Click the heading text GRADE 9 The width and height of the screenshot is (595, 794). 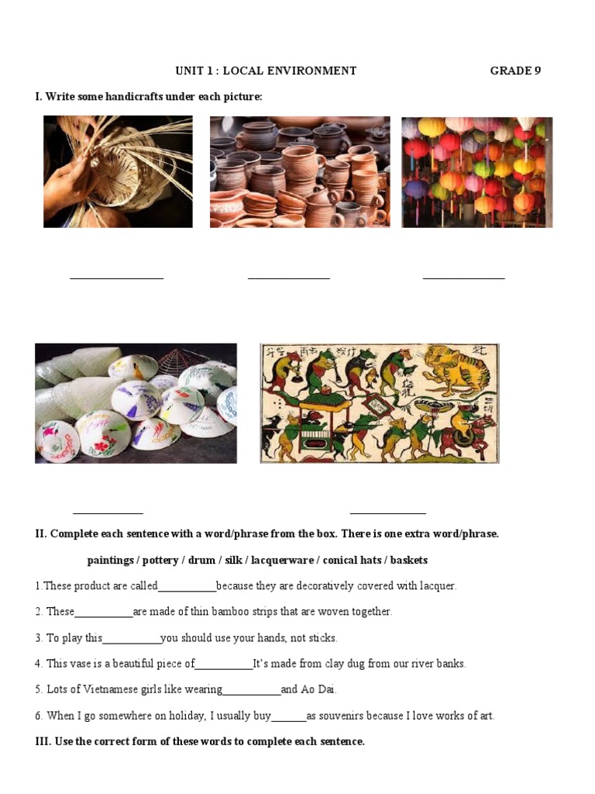coord(515,71)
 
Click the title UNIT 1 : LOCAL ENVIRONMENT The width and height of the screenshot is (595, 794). coord(266,71)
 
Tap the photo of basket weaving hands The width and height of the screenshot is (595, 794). coord(118,171)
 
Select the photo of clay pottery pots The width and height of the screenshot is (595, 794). coord(300,171)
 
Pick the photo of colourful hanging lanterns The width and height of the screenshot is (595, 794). coord(476,171)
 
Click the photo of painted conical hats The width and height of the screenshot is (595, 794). coord(136,403)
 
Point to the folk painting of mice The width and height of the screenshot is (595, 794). coord(379,403)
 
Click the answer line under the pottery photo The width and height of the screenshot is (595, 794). coord(289,277)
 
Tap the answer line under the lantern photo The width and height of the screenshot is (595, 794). coord(463,277)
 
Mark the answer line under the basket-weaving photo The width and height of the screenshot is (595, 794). coord(117,277)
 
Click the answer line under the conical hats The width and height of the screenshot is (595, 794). coord(108,512)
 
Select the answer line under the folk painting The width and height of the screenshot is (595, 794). coord(387,512)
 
